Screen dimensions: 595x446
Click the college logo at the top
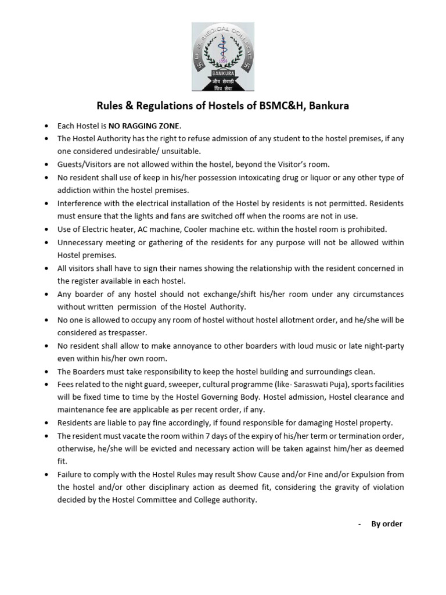tap(222, 56)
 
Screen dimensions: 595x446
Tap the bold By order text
tap(387, 524)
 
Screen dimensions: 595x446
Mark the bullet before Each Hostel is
tap(45, 126)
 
